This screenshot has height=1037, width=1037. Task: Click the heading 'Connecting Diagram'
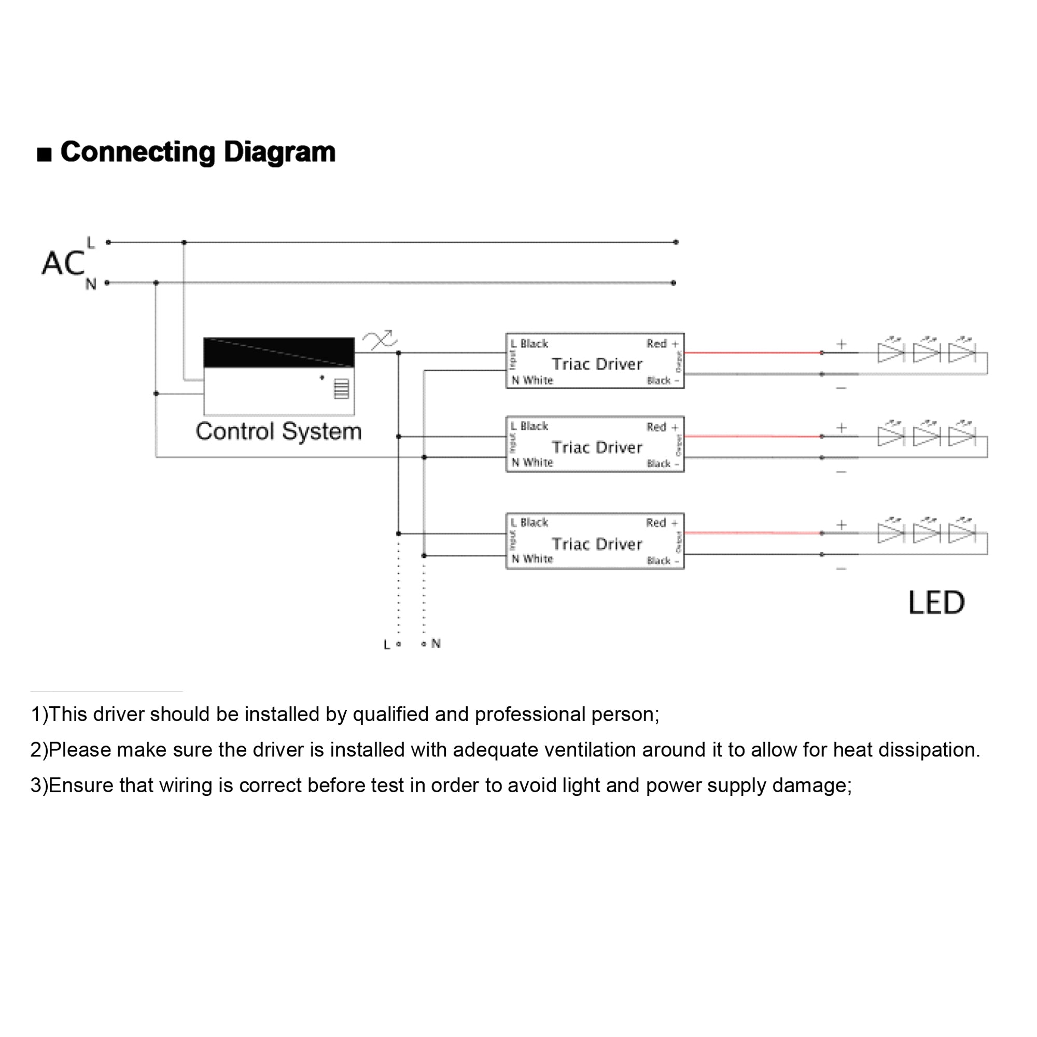click(198, 152)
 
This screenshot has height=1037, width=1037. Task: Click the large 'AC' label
click(63, 263)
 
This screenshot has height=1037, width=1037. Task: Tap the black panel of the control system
click(278, 352)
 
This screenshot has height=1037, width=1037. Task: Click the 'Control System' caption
click(278, 431)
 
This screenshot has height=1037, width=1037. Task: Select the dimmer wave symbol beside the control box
click(380, 340)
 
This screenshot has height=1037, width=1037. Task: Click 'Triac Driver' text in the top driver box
click(597, 365)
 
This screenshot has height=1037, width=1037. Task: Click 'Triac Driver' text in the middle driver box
click(597, 447)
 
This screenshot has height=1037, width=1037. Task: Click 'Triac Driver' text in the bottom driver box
click(597, 544)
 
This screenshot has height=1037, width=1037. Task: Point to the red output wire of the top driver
click(751, 353)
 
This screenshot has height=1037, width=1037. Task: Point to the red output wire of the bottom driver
click(751, 533)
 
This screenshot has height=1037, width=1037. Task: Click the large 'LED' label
click(936, 602)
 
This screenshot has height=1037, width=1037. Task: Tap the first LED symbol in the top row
click(890, 352)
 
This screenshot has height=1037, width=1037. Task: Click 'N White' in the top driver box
click(532, 381)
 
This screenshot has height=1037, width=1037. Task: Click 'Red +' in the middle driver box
click(662, 427)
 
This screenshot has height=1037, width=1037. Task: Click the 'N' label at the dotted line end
click(436, 643)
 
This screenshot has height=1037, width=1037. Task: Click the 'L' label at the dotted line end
click(386, 644)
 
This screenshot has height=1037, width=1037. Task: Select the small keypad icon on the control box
click(341, 388)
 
